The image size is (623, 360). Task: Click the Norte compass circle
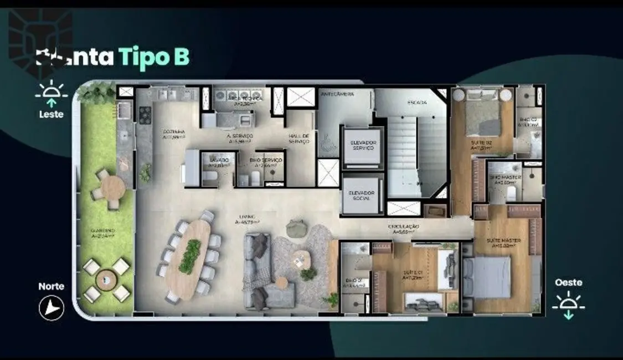(x=52, y=307)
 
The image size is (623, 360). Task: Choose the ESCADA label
(x=416, y=102)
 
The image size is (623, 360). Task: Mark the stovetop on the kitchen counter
(x=145, y=115)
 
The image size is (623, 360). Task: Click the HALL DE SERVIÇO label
(x=299, y=138)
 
